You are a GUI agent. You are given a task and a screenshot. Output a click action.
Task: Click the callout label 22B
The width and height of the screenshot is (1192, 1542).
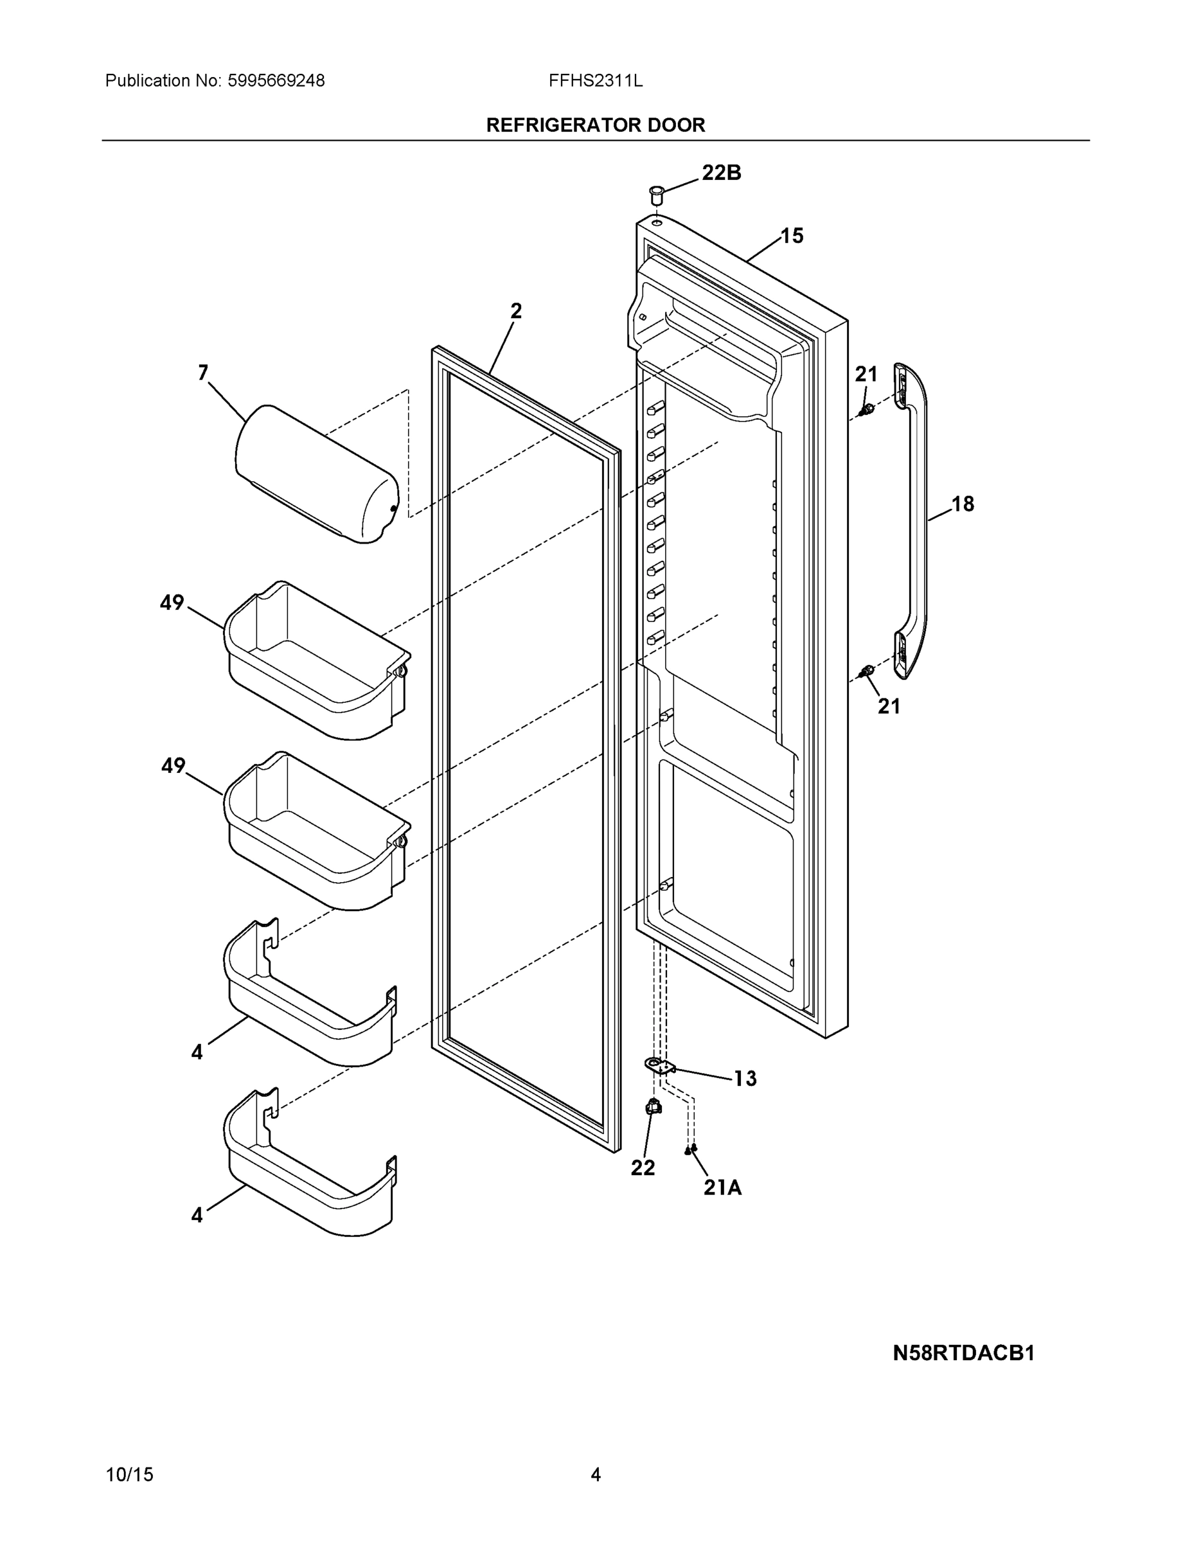pos(721,172)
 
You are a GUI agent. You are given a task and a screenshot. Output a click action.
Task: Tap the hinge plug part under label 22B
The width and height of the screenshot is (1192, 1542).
pos(657,193)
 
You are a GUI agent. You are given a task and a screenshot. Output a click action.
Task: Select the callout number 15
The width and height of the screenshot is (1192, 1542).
pos(792,236)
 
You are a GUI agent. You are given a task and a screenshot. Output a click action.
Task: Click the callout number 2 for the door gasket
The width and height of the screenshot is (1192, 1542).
pos(516,311)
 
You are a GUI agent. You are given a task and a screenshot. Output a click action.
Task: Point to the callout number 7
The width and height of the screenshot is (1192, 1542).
pos(203,372)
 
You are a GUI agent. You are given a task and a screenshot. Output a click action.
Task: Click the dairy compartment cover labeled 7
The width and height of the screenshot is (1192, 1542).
pos(316,474)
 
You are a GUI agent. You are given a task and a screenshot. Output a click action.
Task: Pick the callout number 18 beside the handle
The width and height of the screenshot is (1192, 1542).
pos(962,504)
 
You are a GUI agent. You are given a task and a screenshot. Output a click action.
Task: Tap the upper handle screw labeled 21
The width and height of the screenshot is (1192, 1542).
pos(866,409)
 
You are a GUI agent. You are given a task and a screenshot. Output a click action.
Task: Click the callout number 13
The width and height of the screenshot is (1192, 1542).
pos(744,1078)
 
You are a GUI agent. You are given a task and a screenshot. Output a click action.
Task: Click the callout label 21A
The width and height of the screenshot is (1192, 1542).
pos(722,1187)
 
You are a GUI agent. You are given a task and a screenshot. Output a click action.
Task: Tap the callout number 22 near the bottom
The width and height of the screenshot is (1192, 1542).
pos(643,1168)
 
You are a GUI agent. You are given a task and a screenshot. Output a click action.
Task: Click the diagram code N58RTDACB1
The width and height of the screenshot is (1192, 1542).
pos(963,1354)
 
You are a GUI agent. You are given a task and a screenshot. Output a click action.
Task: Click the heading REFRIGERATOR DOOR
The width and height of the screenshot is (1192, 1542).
pos(595,125)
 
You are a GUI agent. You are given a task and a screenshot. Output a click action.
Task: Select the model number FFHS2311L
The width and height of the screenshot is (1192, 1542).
pos(595,80)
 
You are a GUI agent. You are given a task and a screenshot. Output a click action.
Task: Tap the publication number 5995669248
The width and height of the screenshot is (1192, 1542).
pos(276,80)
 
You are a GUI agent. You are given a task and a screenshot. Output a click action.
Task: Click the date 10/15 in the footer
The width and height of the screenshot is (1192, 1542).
pos(129,1475)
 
